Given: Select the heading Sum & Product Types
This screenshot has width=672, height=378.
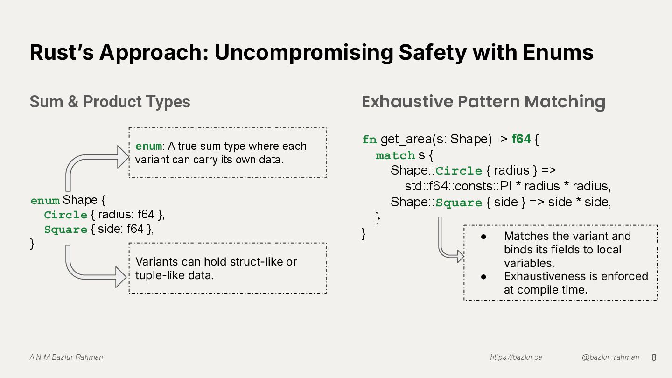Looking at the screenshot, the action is click(x=110, y=102).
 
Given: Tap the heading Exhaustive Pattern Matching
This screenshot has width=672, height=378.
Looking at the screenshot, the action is click(x=483, y=102).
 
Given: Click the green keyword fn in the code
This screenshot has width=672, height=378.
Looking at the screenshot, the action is click(x=369, y=140).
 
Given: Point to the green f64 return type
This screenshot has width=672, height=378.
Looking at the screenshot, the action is click(x=521, y=139).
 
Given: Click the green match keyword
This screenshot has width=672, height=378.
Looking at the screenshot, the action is click(x=395, y=155).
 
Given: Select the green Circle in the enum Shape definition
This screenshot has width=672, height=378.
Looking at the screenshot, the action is click(x=66, y=215).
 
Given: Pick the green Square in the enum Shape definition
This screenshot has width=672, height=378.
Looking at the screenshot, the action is click(x=66, y=230).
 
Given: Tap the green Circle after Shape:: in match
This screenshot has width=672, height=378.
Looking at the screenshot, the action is click(x=458, y=171).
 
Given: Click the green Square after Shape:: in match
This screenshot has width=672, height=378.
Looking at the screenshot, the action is click(x=458, y=203).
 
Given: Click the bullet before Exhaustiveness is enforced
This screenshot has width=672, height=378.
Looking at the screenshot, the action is click(x=484, y=277).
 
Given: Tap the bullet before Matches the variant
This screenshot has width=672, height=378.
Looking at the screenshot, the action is click(x=484, y=237).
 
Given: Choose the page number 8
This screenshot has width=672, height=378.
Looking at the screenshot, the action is click(x=654, y=357).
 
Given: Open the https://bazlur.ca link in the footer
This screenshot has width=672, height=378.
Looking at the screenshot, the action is click(x=516, y=357).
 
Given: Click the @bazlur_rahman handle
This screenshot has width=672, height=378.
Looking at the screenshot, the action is click(x=610, y=357).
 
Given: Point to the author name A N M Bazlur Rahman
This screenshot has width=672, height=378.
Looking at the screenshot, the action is click(x=66, y=357).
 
